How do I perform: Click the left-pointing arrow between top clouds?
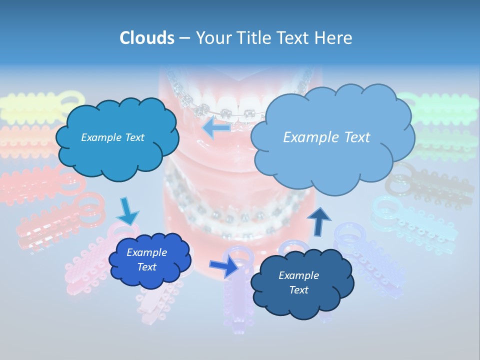(x=216, y=127)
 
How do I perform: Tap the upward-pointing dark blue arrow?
(x=319, y=221)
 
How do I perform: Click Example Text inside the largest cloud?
(x=326, y=137)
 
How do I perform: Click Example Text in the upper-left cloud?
(x=112, y=137)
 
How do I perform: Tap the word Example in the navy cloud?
(x=298, y=275)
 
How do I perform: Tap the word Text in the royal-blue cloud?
(x=146, y=267)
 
